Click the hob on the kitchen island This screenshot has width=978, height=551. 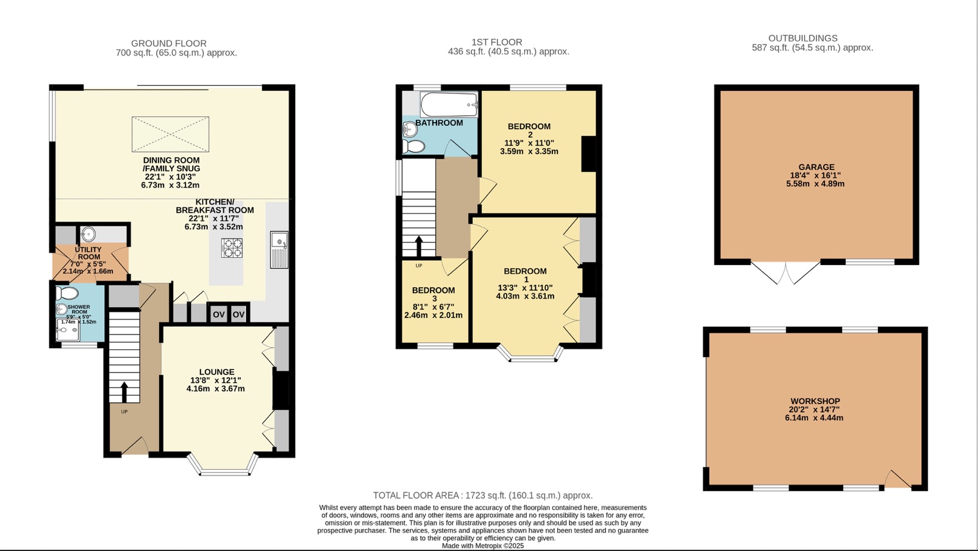(232, 248)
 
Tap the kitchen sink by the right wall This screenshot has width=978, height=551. (279, 250)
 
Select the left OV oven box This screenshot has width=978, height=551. (218, 315)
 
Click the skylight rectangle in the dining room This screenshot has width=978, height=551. (171, 134)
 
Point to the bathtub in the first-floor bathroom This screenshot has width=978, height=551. (449, 105)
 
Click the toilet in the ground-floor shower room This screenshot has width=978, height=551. (66, 293)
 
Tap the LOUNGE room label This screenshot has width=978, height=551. (216, 372)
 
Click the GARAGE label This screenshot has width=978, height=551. (816, 167)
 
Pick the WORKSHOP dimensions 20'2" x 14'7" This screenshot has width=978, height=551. (814, 410)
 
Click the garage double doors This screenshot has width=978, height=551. (785, 273)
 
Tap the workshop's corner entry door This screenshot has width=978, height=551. (898, 480)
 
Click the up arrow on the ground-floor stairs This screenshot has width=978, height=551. (124, 392)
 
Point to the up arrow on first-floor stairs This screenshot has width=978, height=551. (419, 246)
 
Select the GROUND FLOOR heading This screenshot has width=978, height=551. (169, 43)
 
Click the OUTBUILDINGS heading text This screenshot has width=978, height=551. (802, 38)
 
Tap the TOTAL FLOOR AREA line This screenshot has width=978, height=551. (483, 496)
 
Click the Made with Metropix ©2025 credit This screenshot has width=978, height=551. (483, 546)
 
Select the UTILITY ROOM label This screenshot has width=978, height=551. (88, 253)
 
